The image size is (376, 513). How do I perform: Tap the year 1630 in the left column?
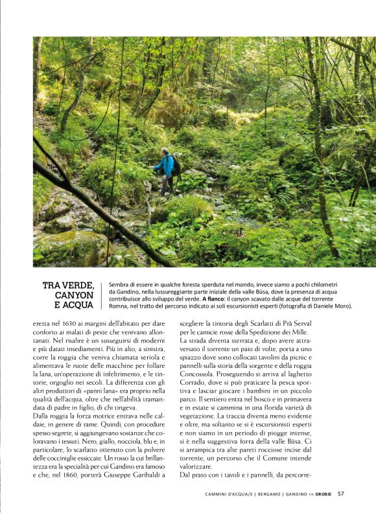click(x=69, y=323)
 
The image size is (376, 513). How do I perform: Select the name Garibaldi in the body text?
click(x=145, y=475)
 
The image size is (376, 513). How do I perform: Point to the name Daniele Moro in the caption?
click(x=331, y=305)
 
